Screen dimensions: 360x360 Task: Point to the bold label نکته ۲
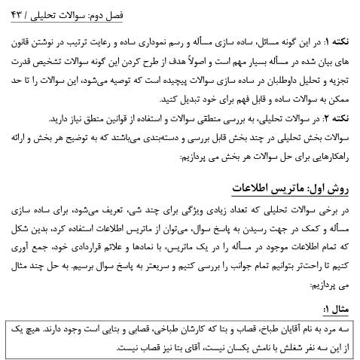[336, 119]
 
